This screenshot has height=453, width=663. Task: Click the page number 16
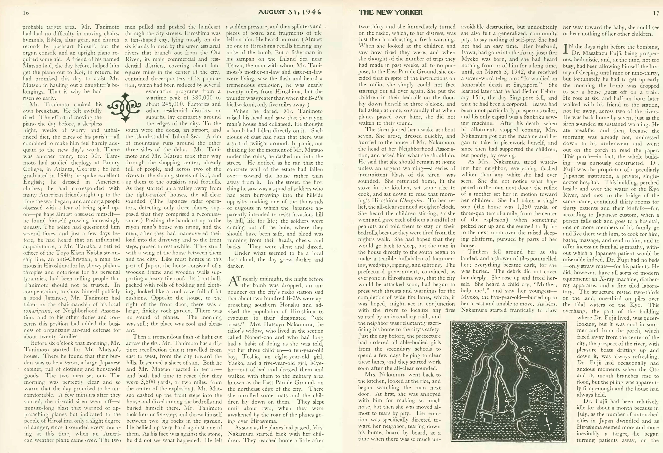coord(26,12)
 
